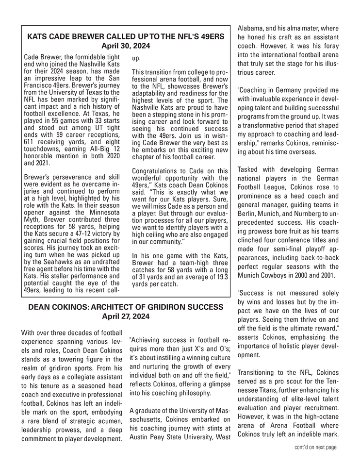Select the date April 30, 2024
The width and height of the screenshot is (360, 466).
[126, 46]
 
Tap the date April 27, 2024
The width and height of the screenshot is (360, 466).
[126, 316]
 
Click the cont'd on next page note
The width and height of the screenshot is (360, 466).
[315, 447]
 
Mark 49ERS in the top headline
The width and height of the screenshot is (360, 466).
[206, 37]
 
